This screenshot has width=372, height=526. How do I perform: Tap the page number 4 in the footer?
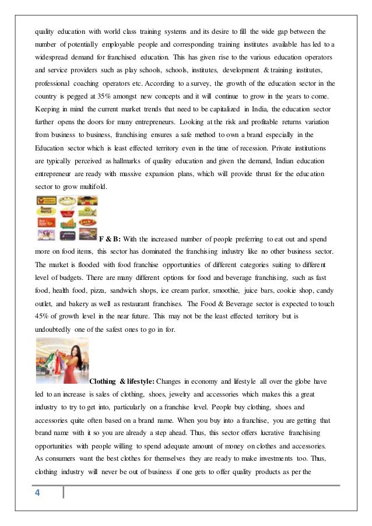coord(38,493)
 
